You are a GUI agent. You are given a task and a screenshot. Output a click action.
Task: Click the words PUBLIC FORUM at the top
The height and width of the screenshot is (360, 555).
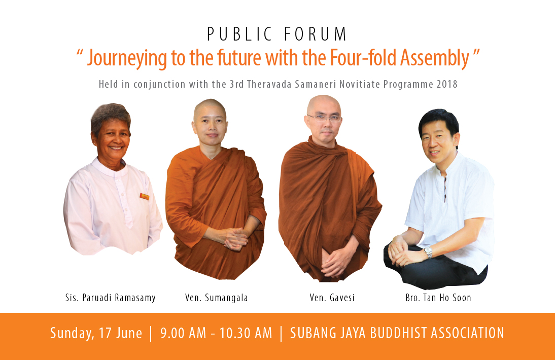coord(277,34)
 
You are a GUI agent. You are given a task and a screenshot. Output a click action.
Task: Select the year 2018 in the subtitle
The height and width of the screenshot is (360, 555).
coord(447,84)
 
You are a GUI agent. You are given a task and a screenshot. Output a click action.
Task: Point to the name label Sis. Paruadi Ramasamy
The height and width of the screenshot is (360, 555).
coord(111,298)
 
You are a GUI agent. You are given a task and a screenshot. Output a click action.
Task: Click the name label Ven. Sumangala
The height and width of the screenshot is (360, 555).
coord(216,298)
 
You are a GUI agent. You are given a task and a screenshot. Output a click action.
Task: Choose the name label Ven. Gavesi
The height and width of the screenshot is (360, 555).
coord(332,298)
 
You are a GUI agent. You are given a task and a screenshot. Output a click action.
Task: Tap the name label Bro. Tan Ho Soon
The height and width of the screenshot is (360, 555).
coord(438,298)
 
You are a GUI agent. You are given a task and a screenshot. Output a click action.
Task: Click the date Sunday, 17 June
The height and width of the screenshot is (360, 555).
coord(96,333)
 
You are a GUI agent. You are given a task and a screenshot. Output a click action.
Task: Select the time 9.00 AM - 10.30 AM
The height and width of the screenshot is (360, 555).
coord(216,333)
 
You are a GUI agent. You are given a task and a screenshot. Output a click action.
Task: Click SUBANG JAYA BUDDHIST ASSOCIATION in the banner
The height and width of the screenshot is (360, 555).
coord(397,333)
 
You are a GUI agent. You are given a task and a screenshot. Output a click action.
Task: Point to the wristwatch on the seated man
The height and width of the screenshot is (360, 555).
coord(428,252)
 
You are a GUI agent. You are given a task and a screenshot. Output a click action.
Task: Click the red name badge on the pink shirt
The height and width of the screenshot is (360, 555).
coord(145,197)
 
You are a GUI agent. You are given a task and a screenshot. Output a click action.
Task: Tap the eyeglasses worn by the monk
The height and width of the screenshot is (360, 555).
coord(324,118)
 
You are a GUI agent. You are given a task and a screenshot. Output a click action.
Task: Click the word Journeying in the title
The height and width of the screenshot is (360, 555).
coord(127,58)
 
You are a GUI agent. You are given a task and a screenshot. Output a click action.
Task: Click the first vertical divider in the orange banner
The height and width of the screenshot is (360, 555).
coord(151,334)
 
